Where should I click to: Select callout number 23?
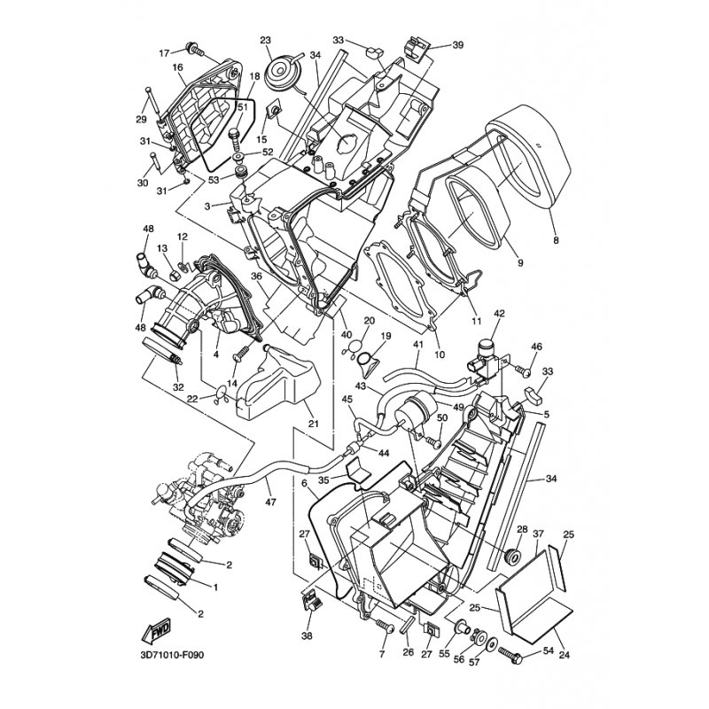(265, 40)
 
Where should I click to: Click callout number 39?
(457, 45)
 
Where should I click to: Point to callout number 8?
(556, 240)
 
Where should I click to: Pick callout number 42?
(500, 314)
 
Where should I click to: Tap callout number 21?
(314, 424)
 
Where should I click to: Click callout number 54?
(548, 651)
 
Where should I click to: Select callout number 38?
(307, 635)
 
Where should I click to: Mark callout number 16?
(177, 67)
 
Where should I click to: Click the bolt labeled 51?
(235, 140)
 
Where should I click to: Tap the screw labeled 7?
(385, 626)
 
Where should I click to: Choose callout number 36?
(257, 276)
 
